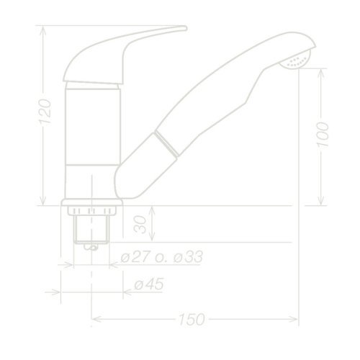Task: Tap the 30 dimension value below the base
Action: pos(139,225)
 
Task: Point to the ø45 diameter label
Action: pos(148,285)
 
